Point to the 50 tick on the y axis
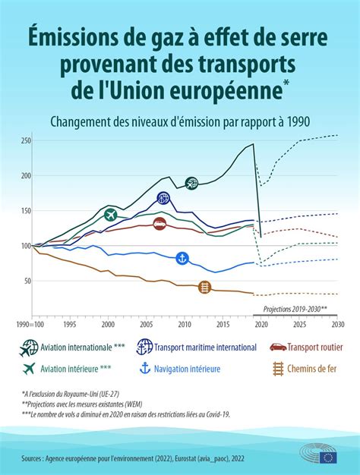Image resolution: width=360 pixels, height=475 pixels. click(26, 281)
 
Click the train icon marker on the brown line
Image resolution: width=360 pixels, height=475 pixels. click(204, 287)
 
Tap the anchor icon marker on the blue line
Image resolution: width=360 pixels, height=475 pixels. click(182, 259)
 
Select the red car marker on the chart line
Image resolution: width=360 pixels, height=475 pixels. click(160, 223)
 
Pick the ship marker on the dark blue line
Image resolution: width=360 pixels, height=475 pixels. click(163, 199)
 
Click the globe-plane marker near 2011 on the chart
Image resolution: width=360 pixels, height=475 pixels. click(192, 183)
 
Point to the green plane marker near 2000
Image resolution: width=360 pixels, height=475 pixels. click(111, 215)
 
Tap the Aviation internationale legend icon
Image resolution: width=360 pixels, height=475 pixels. click(30, 348)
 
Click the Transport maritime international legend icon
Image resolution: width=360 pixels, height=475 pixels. click(144, 348)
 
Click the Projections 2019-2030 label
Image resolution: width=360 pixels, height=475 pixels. click(295, 310)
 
